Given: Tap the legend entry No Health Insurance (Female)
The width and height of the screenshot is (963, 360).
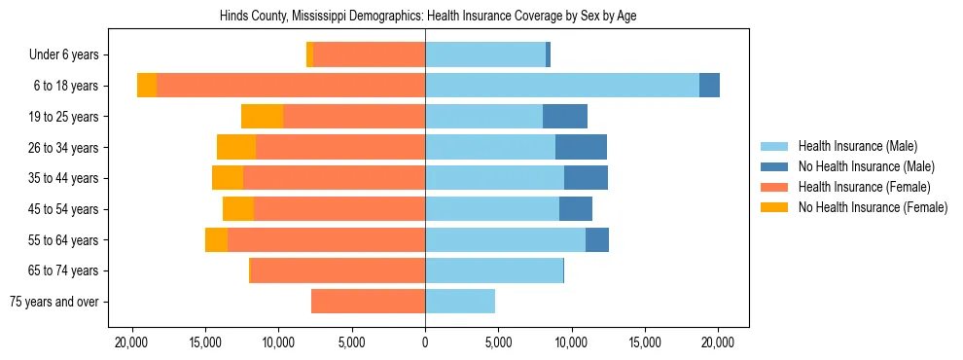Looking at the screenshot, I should (x=872, y=207).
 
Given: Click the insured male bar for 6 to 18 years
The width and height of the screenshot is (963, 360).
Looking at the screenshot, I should (x=561, y=86).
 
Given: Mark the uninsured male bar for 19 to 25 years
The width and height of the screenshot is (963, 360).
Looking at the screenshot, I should (x=565, y=117).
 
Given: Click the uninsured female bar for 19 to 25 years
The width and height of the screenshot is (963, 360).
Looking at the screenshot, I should (x=263, y=117).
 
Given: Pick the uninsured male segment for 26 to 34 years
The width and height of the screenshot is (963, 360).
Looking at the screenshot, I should (x=581, y=147).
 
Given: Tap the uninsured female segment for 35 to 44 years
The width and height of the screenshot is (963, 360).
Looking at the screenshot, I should (x=228, y=178).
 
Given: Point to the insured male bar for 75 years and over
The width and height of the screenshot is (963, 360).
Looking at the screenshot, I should (x=460, y=302).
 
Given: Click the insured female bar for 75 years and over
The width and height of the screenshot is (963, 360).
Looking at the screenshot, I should (x=368, y=302).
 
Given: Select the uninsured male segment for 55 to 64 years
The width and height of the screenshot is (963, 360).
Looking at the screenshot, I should (x=597, y=239).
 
